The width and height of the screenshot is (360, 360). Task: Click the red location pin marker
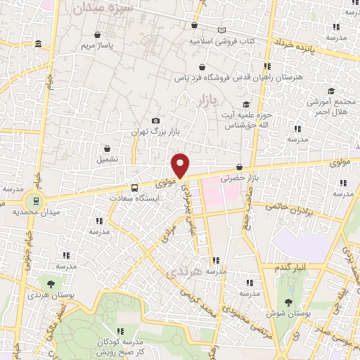coord(181,165)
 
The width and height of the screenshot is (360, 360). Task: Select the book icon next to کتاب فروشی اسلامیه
coord(222,30)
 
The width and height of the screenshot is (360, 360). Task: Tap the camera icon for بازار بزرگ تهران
coord(155,121)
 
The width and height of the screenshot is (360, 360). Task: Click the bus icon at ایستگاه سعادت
coord(134,188)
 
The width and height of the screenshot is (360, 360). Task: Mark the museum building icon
coord(37,45)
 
